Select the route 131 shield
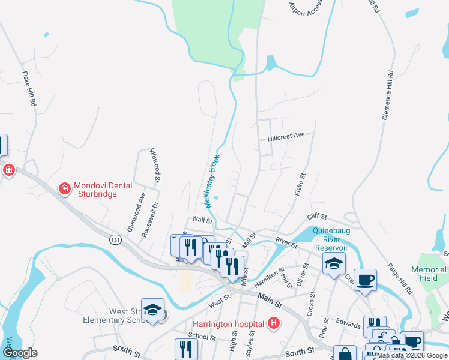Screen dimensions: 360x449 (115, 239)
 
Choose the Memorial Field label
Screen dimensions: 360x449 (429, 274)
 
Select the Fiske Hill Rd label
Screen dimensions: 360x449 (28, 89)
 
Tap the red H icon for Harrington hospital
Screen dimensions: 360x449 (274, 324)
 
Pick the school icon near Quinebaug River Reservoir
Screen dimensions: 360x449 (334, 262)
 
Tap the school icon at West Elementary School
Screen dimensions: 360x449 (153, 309)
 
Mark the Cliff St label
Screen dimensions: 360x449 (316, 217)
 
